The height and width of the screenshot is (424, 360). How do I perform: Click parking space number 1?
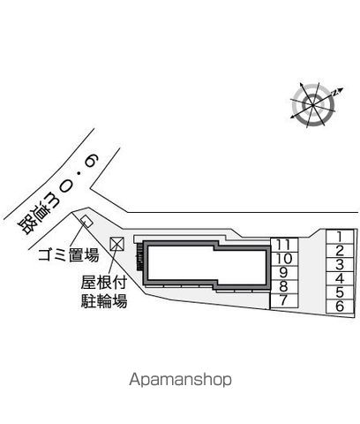coord(340,237)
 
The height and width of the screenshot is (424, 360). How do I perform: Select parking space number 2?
coord(340,251)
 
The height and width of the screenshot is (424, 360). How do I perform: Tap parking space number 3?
coord(340,265)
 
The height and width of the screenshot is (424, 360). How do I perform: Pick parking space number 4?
coord(340,279)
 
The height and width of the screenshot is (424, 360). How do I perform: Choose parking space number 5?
coord(340,292)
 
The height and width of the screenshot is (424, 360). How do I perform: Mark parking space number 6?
coord(340,307)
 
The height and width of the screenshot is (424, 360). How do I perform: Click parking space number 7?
coord(284,301)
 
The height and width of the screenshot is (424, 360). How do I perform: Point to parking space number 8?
coord(284,287)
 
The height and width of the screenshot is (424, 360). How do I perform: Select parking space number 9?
coord(284,273)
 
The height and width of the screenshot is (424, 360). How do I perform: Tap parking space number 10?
coord(284,259)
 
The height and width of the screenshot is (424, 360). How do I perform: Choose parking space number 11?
coord(284,246)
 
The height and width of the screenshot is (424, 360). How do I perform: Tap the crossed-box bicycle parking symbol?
coord(117,244)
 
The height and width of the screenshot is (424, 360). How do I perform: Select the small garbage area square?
coord(87,221)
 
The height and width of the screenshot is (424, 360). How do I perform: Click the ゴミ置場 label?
coord(69,255)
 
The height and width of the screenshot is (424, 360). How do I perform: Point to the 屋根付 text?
coord(104,282)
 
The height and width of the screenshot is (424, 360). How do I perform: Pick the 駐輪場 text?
coord(104,300)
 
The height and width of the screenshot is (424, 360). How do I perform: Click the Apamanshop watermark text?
coord(180,380)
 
